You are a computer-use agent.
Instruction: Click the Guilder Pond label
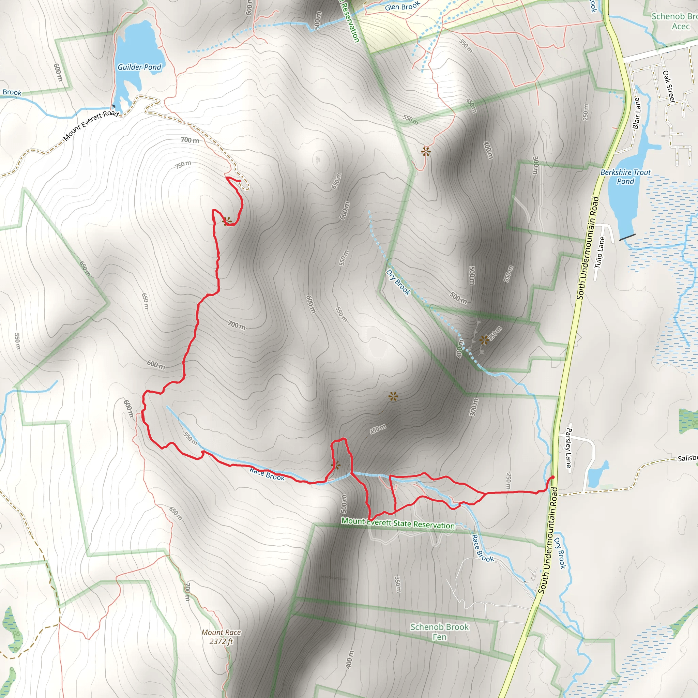[139, 67]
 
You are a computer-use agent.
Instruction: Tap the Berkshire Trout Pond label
[625, 177]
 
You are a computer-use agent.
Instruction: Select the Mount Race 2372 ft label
[221, 637]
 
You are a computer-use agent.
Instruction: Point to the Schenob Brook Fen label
[439, 632]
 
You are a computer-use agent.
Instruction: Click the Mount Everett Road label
[91, 125]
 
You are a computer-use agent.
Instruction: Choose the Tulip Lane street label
[600, 252]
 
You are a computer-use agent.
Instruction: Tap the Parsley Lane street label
[568, 447]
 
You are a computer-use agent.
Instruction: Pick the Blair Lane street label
[637, 113]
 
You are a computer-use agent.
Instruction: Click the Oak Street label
[669, 87]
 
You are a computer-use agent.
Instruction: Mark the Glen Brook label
[403, 6]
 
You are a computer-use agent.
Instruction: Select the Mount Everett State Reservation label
[398, 523]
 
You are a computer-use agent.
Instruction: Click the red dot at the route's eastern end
[552, 477]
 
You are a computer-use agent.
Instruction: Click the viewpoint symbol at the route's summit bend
[227, 221]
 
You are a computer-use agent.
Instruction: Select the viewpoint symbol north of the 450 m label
[393, 397]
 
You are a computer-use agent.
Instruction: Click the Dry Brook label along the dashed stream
[398, 283]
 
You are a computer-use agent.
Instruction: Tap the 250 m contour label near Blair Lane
[585, 112]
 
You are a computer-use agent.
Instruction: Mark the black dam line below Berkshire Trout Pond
[627, 237]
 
